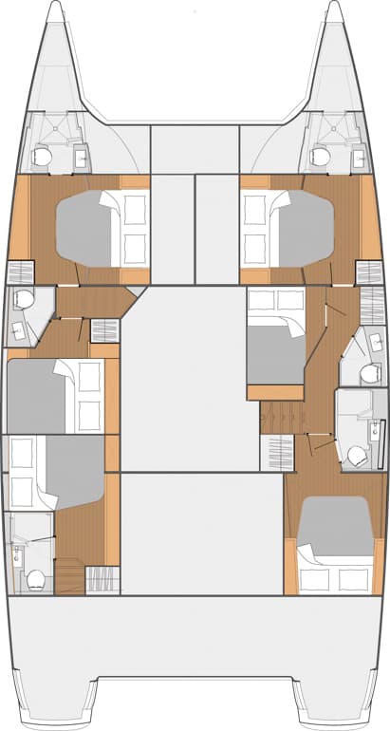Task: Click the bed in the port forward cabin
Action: click(100, 226)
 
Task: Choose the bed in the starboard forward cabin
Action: click(288, 227)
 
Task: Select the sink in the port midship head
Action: click(20, 329)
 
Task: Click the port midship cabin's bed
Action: click(52, 395)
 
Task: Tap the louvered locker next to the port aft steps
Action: click(97, 579)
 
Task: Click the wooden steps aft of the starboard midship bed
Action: click(278, 415)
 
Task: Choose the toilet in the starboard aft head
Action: click(357, 456)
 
